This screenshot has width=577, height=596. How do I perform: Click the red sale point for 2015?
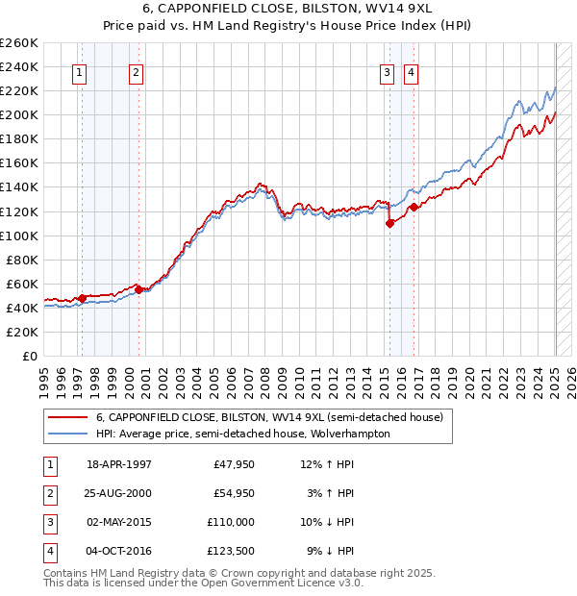[390, 223]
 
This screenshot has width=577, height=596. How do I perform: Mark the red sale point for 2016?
[414, 207]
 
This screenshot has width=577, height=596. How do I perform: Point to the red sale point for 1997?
[83, 298]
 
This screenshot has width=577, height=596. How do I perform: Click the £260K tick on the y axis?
[19, 43]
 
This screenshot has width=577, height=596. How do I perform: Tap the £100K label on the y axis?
[19, 236]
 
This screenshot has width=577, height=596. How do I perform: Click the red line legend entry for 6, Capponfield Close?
[269, 418]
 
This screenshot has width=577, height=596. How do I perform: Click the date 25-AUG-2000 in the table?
[119, 493]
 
